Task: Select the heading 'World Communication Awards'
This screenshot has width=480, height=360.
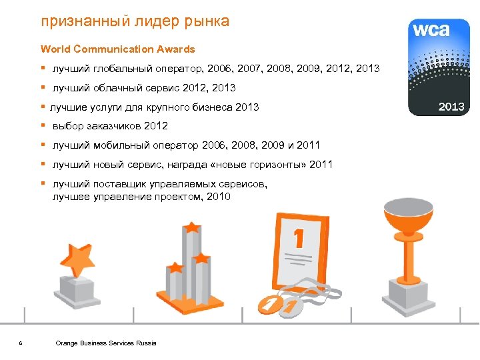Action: pyautogui.click(x=117, y=49)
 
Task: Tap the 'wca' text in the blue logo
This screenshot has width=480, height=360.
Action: pyautogui.click(x=431, y=30)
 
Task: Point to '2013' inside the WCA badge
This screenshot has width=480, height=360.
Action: pyautogui.click(x=450, y=106)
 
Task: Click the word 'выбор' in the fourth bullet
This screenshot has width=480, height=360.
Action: pyautogui.click(x=67, y=126)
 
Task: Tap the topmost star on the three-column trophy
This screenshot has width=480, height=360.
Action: pyautogui.click(x=192, y=227)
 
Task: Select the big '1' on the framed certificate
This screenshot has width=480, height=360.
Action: pyautogui.click(x=299, y=238)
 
